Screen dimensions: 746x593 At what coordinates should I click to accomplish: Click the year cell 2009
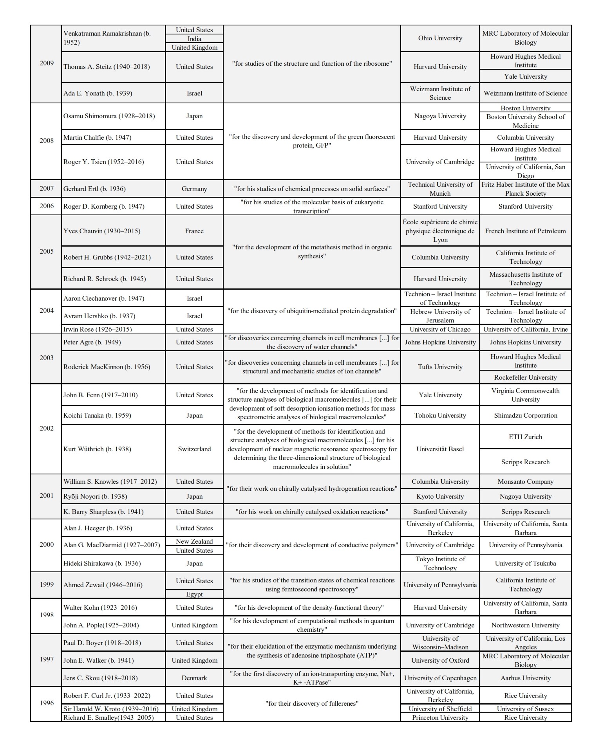[x=46, y=63]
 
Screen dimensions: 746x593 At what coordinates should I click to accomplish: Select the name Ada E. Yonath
[x=98, y=93]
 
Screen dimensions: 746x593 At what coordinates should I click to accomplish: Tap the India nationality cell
[x=194, y=39]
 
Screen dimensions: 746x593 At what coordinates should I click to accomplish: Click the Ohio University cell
[x=440, y=38]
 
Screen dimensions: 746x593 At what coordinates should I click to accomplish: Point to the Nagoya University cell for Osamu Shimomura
[x=440, y=116]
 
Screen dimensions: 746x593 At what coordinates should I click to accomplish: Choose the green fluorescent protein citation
[x=312, y=141]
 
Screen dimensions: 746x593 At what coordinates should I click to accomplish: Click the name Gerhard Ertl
[x=95, y=189]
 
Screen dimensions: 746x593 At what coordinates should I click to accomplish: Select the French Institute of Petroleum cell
[x=525, y=231]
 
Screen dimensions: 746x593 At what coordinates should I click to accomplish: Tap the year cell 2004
[x=46, y=311]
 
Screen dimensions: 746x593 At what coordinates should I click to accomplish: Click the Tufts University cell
[x=440, y=367]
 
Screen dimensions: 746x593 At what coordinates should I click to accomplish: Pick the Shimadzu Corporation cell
[x=525, y=415]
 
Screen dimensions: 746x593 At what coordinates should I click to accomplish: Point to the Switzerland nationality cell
[x=194, y=449]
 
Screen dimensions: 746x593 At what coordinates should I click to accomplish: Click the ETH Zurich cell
[x=525, y=437]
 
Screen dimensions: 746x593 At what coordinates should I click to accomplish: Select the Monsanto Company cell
[x=525, y=481]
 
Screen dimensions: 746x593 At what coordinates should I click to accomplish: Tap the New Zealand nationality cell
[x=194, y=541]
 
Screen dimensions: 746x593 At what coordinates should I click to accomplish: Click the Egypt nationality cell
[x=194, y=594]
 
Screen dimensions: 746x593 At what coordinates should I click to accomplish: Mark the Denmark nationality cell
[x=194, y=678]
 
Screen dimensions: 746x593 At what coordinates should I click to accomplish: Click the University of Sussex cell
[x=525, y=709]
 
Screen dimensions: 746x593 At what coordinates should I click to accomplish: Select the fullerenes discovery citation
[x=312, y=703]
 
